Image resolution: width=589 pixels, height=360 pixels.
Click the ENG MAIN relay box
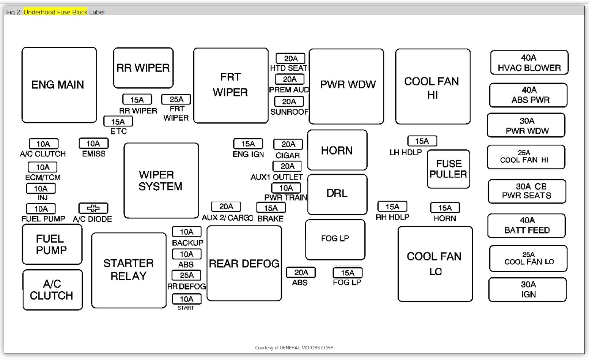pyautogui.click(x=59, y=85)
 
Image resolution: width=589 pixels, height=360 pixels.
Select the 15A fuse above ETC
pyautogui.click(x=118, y=122)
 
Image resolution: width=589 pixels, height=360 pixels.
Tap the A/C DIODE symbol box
pyautogui.click(x=93, y=208)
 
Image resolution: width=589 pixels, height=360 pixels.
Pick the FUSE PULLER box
pyautogui.click(x=449, y=169)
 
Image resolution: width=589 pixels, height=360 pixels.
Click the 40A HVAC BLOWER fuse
pyautogui.click(x=529, y=63)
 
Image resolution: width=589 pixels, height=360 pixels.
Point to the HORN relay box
pyautogui.click(x=337, y=150)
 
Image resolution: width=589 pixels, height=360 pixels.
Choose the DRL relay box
pyautogui.click(x=337, y=194)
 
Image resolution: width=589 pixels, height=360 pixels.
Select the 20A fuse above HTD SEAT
pyautogui.click(x=290, y=58)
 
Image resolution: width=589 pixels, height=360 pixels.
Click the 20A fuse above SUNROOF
pyautogui.click(x=289, y=101)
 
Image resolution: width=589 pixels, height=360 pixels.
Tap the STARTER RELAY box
pyautogui.click(x=129, y=270)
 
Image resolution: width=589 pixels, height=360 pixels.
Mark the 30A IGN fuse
pyautogui.click(x=528, y=289)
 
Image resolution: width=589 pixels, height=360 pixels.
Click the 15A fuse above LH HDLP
pyautogui.click(x=422, y=141)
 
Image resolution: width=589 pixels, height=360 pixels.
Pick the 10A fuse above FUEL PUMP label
pyautogui.click(x=41, y=209)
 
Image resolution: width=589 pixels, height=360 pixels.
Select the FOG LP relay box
pyautogui.click(x=335, y=239)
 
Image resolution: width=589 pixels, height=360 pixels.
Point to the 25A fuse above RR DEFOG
pyautogui.click(x=187, y=275)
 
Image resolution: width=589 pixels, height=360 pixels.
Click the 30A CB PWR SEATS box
pyautogui.click(x=527, y=191)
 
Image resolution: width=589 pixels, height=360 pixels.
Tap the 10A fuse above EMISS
pyautogui.click(x=93, y=144)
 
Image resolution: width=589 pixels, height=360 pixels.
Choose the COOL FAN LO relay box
pyautogui.click(x=435, y=264)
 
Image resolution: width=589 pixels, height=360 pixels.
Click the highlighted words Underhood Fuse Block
pyautogui.click(x=55, y=12)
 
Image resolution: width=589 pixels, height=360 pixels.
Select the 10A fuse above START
pyautogui.click(x=187, y=299)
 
